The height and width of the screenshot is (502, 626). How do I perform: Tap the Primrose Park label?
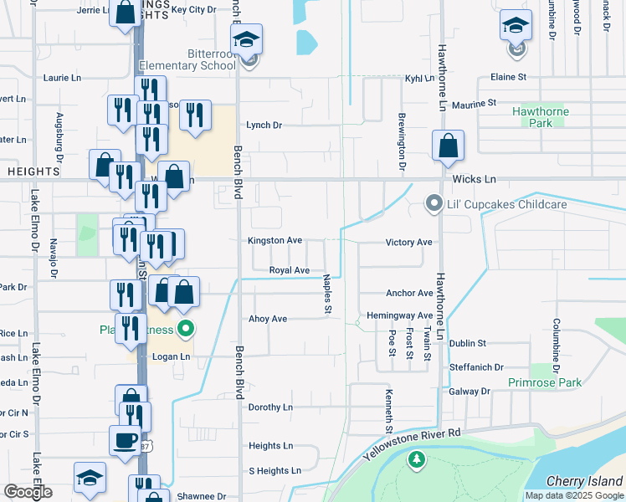click(x=545, y=383)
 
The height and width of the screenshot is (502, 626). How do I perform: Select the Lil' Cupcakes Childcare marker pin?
click(x=434, y=203)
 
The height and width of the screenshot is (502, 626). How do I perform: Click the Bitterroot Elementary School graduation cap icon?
click(x=247, y=39)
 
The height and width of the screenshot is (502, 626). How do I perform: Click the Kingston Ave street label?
click(x=275, y=240)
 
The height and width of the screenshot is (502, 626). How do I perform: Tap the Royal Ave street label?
click(x=289, y=270)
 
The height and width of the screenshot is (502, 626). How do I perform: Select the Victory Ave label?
click(x=408, y=243)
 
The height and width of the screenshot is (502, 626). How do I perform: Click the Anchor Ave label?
click(x=409, y=294)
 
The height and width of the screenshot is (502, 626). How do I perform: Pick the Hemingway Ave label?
click(x=400, y=316)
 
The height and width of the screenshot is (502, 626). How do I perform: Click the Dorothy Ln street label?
click(x=270, y=407)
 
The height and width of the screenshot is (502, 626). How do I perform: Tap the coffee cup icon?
click(x=125, y=440)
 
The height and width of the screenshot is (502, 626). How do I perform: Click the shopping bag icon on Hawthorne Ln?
click(x=449, y=146)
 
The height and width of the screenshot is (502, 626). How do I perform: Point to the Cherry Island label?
click(x=584, y=481)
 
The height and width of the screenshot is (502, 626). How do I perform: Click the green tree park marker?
click(x=417, y=459)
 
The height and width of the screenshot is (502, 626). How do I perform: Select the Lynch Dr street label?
click(x=264, y=125)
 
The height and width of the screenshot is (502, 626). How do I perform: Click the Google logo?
click(x=28, y=492)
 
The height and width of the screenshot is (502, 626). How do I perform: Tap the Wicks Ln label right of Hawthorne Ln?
click(x=475, y=180)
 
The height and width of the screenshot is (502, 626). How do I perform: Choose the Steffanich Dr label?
click(x=476, y=367)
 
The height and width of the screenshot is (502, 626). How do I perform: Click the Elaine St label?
click(x=508, y=77)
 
